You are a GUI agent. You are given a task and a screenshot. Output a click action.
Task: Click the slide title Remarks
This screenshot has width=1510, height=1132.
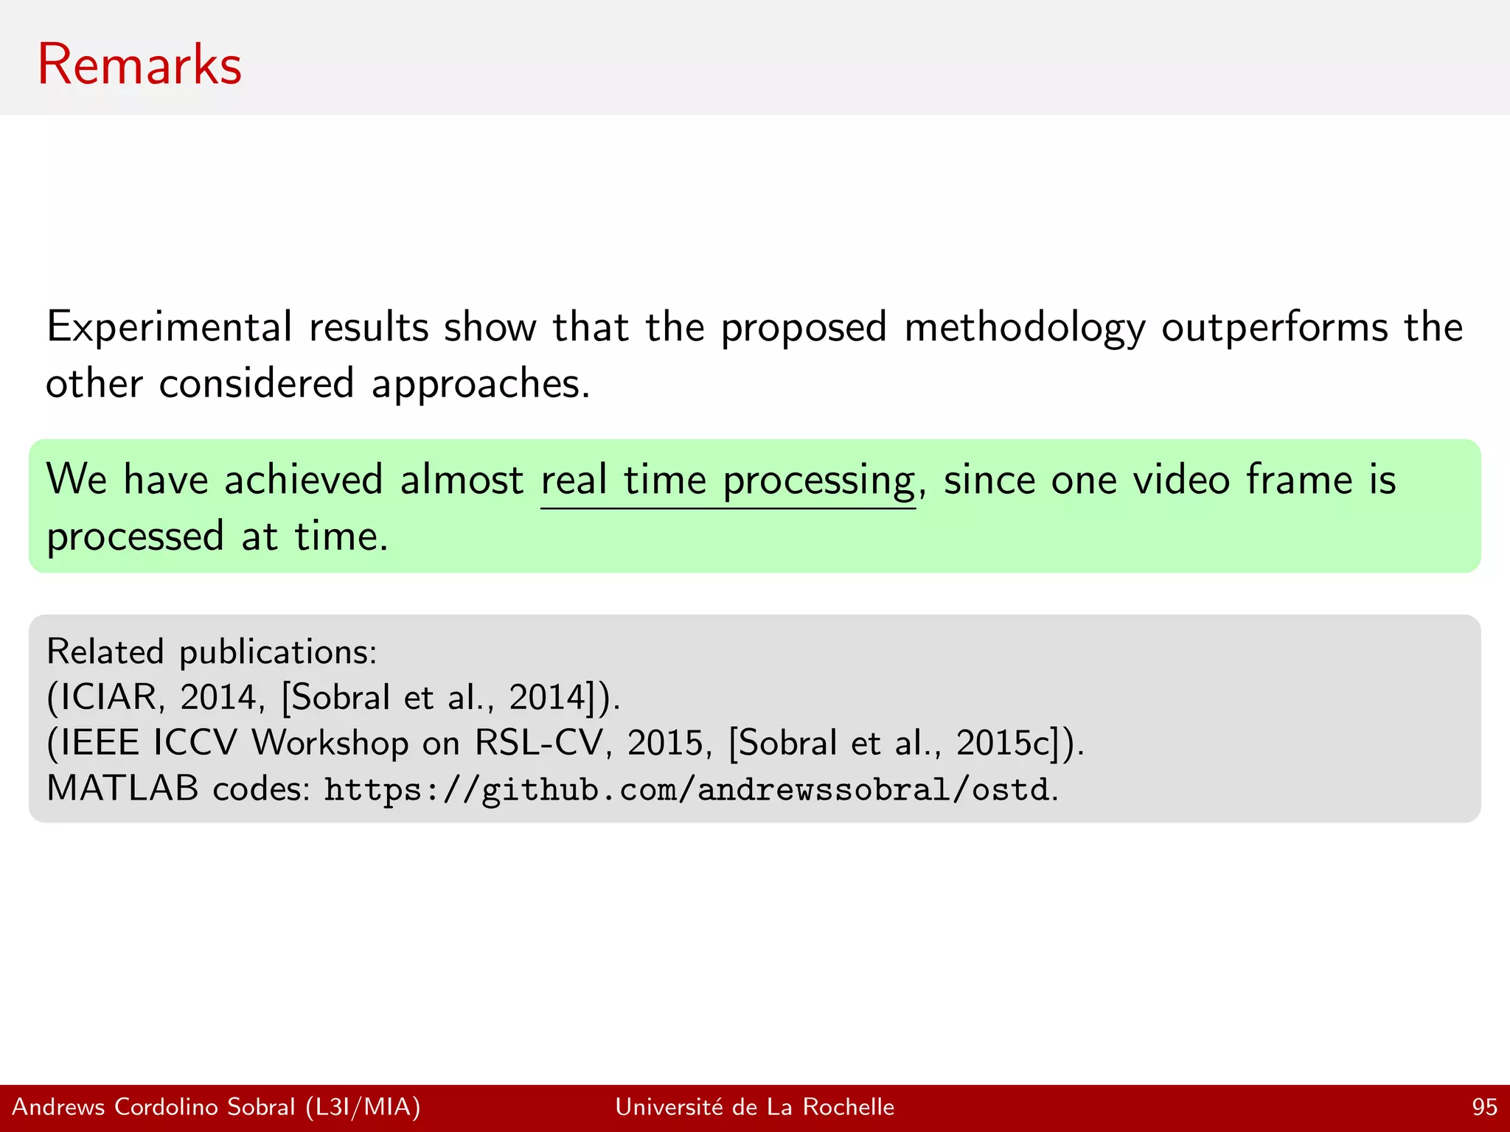(139, 65)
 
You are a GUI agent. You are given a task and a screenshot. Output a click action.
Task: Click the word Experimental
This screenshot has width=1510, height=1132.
(170, 327)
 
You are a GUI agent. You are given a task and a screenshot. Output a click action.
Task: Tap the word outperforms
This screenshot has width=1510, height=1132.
(1275, 327)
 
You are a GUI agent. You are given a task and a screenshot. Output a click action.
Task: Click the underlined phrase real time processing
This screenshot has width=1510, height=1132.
(728, 481)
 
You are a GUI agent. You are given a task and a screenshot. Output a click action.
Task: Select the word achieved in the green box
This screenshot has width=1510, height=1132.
(303, 480)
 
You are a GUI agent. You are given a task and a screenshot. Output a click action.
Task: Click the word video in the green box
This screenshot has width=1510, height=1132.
(1180, 480)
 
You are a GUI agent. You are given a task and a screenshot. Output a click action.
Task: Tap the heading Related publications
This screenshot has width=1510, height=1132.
(212, 652)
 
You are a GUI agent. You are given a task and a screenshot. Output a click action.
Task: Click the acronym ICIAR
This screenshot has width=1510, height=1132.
(108, 697)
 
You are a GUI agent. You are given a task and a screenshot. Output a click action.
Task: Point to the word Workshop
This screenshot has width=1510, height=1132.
(330, 743)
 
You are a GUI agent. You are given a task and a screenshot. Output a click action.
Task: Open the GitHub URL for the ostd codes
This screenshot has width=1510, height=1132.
(686, 790)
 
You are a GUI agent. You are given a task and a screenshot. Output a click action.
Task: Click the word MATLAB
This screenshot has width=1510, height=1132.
(122, 789)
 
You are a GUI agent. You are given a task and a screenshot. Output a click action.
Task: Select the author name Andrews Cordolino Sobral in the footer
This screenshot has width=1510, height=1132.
(153, 1107)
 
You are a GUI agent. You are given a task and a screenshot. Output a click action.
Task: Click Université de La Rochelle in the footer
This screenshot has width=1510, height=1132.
(754, 1107)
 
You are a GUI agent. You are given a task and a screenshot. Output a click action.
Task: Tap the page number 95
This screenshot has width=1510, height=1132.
(1484, 1107)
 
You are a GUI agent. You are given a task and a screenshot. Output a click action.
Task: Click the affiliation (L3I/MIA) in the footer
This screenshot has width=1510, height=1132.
(363, 1107)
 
